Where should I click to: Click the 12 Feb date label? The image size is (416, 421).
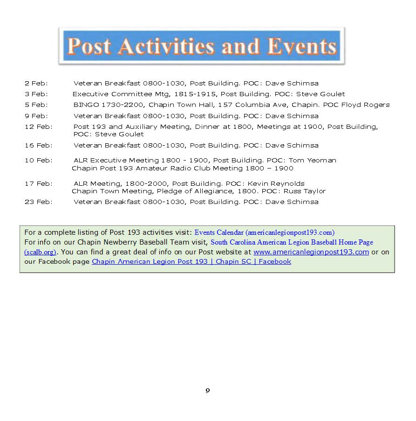39,127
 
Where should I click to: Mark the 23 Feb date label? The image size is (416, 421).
39,202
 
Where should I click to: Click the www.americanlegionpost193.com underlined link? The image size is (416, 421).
311,252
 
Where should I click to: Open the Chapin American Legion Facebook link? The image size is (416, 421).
191,262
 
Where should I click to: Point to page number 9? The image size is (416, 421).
208,391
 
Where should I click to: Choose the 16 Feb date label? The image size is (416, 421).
39,146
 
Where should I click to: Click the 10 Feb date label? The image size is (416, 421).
39,161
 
